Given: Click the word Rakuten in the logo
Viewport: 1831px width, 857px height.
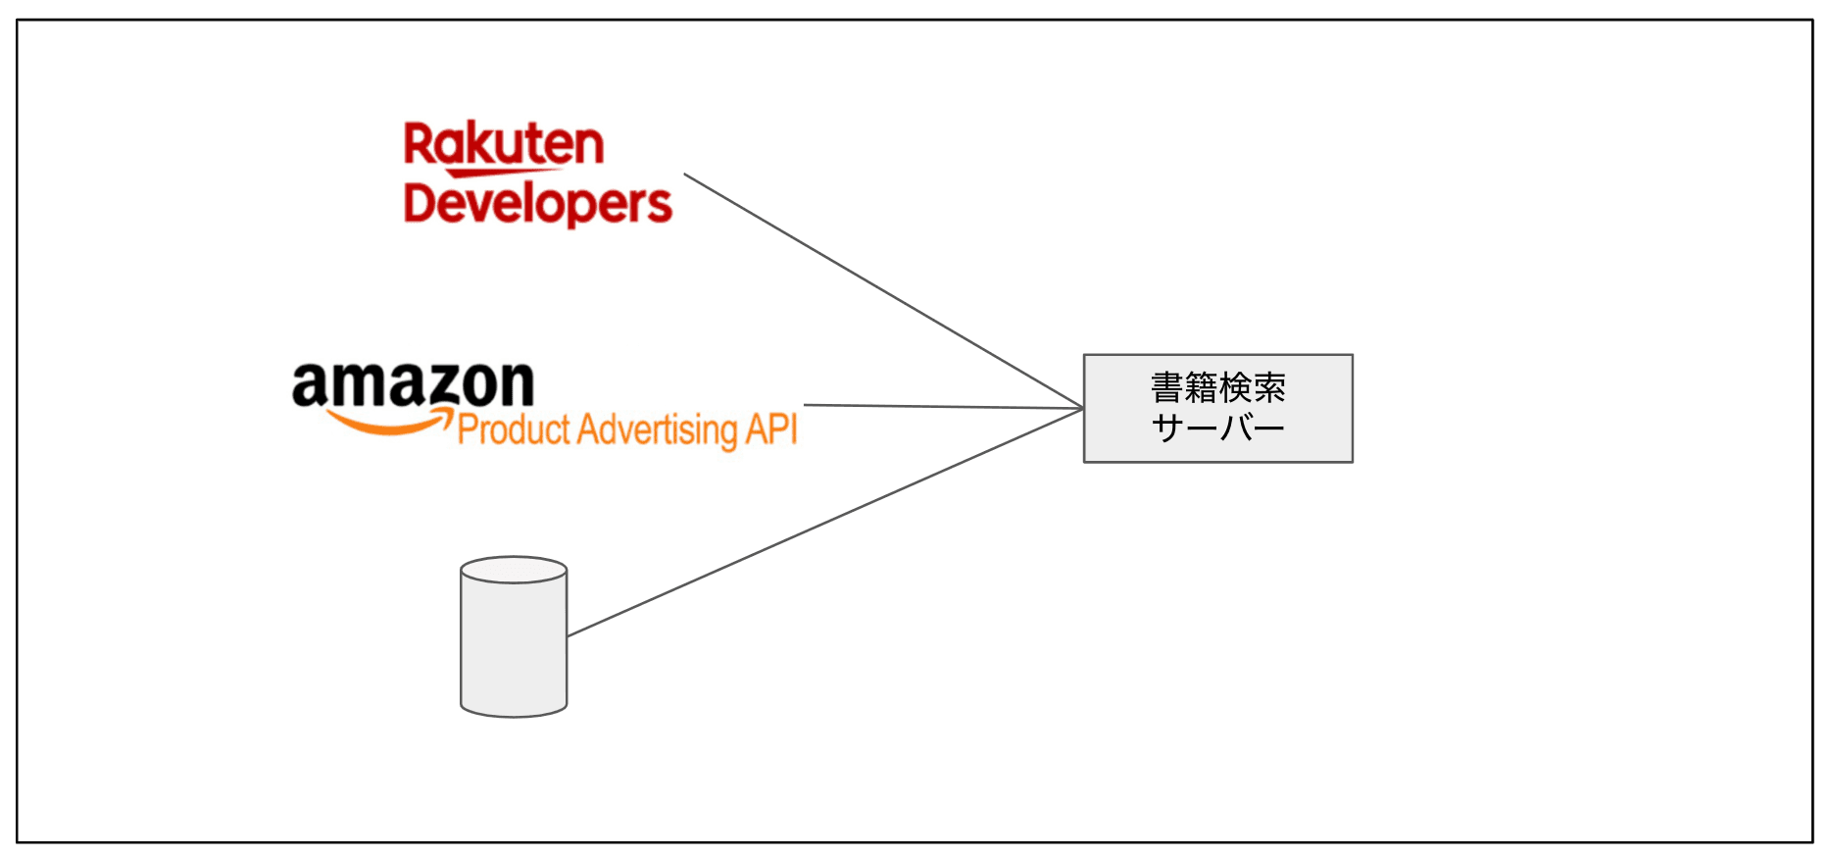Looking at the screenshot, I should [x=504, y=145].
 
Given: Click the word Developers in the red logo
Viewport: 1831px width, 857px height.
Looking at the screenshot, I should [x=537, y=204].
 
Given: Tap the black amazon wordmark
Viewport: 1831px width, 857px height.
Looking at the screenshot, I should [x=413, y=383].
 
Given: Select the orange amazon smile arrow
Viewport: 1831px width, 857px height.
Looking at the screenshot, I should [x=387, y=424].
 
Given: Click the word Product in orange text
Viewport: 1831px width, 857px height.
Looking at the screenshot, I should [x=514, y=430].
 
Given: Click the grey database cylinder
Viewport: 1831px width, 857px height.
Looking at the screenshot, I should [x=514, y=647].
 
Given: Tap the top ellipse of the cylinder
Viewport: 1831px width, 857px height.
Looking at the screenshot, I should [x=514, y=570].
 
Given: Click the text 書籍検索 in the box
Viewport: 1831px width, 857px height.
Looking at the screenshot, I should [x=1217, y=388].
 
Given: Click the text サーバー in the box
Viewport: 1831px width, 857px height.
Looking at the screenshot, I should [x=1217, y=428].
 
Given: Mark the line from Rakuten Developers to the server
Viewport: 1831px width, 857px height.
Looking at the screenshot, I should [x=882, y=291].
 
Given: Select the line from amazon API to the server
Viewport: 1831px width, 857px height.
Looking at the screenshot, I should [x=941, y=406].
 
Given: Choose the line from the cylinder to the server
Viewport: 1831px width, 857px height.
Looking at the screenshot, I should [x=823, y=523].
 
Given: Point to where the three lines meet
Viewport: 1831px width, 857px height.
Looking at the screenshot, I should [x=1082, y=408].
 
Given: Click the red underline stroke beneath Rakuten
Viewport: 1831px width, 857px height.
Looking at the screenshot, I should [x=500, y=174].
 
